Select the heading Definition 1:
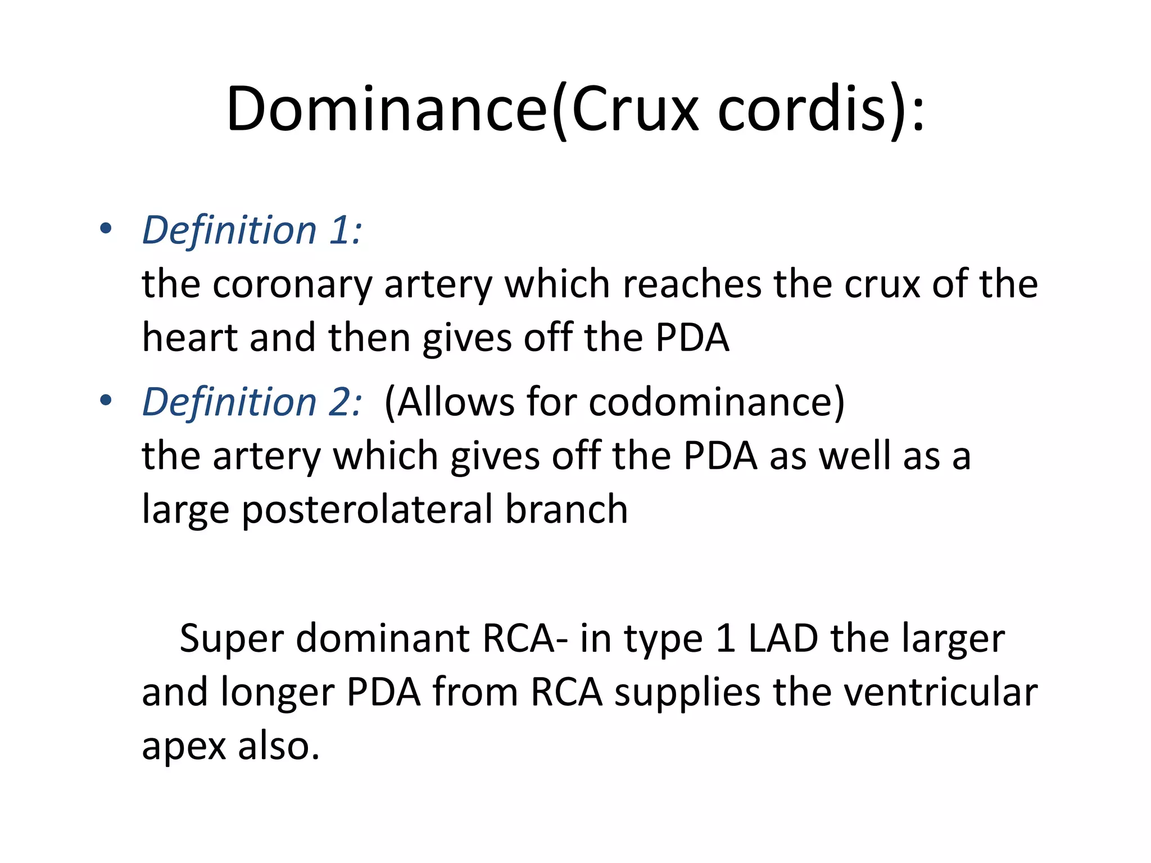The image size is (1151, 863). (x=252, y=230)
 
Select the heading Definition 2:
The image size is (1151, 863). (x=252, y=402)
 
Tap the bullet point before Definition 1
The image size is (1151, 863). (x=105, y=229)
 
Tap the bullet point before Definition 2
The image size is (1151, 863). (x=105, y=401)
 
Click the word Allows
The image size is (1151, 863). (x=450, y=402)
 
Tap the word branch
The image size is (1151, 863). (x=566, y=508)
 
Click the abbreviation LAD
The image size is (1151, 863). (x=783, y=638)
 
